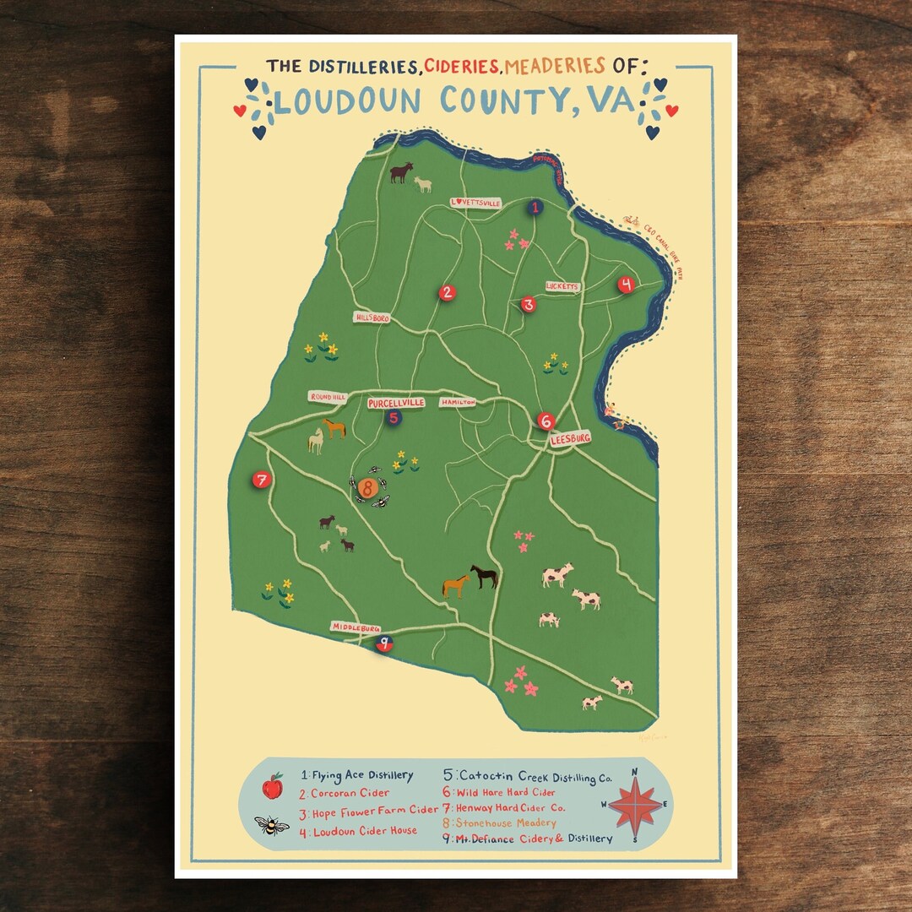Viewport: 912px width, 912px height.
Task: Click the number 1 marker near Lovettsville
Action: coord(535,207)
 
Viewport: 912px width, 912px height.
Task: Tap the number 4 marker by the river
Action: coord(626,285)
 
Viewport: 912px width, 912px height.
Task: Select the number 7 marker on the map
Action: coord(261,480)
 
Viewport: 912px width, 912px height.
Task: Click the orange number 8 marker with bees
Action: coord(367,487)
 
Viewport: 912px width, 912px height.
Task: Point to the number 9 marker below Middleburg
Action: coord(385,644)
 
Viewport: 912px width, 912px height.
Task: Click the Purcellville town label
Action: coord(395,404)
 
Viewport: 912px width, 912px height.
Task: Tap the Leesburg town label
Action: coord(570,439)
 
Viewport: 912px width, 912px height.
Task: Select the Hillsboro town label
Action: coord(372,318)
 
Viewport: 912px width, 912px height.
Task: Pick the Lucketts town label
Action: coord(563,287)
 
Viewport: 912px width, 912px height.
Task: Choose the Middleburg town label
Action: coord(356,627)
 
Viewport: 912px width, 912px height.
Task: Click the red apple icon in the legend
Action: coord(272,786)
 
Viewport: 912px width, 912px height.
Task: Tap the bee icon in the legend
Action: coord(272,825)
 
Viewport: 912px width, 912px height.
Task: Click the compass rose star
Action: coord(635,805)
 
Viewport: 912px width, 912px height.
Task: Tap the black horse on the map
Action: coord(484,577)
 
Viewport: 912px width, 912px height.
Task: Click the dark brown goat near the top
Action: coord(401,173)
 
